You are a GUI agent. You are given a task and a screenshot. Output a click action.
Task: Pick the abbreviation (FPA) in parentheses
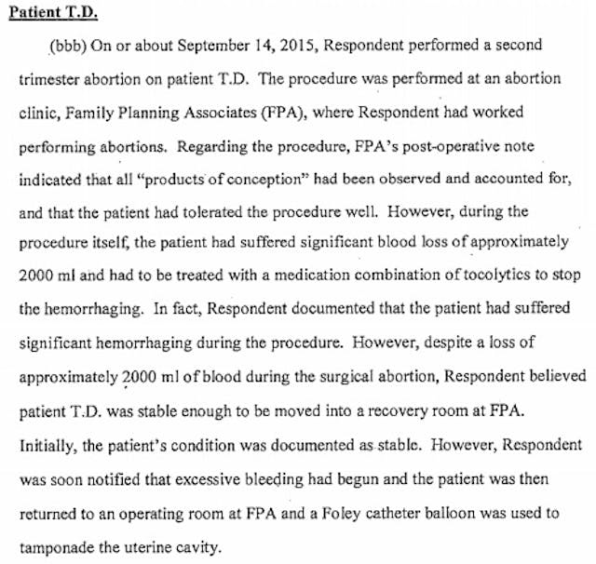click(x=285, y=112)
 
